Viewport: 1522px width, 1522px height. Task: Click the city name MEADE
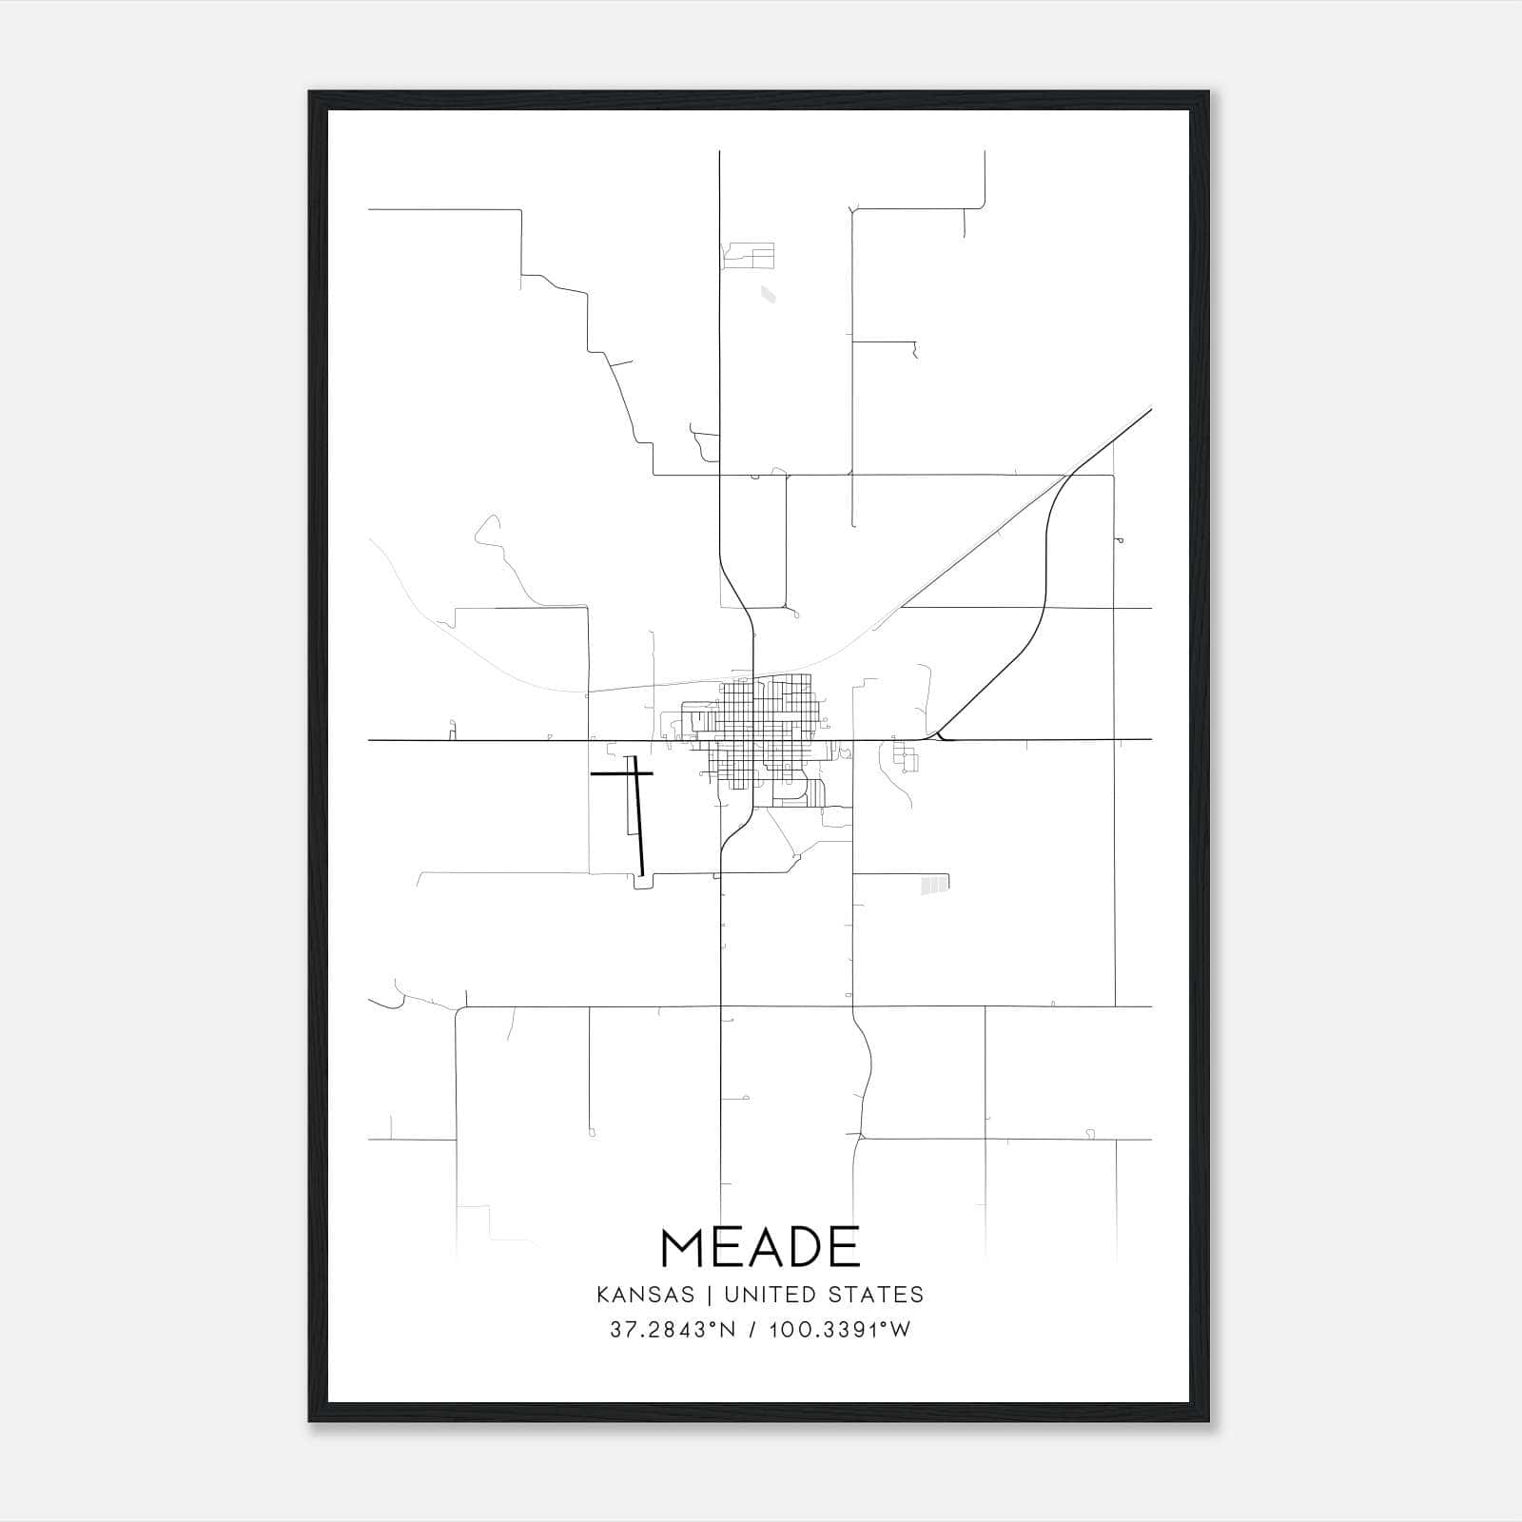[760, 1247]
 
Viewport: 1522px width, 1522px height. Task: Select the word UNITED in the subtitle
[769, 1295]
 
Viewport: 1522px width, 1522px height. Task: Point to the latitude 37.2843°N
[673, 1330]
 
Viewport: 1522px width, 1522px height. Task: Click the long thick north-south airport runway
[639, 818]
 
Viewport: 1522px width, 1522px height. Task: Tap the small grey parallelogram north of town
[768, 295]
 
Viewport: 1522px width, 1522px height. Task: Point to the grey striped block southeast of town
[934, 886]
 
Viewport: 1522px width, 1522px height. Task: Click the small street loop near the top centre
[749, 255]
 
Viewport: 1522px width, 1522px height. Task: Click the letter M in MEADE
[684, 1247]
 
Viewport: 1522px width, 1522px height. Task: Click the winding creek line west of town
[504, 561]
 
